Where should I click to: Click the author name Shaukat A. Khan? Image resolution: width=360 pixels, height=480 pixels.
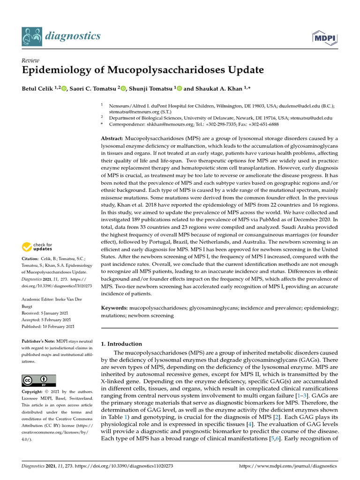pyautogui.click(x=217, y=89)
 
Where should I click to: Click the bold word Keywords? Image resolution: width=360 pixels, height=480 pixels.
pyautogui.click(x=115, y=308)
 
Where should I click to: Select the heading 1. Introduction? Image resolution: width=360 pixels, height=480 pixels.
pyautogui.click(x=122, y=344)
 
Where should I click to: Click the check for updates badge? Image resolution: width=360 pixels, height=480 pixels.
pyautogui.click(x=37, y=246)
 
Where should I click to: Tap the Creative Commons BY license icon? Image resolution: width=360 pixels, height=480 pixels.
pyautogui.click(x=39, y=381)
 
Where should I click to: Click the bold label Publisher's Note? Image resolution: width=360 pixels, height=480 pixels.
pyautogui.click(x=39, y=341)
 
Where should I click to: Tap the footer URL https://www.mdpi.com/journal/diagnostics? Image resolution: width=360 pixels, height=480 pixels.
pyautogui.click(x=288, y=466)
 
